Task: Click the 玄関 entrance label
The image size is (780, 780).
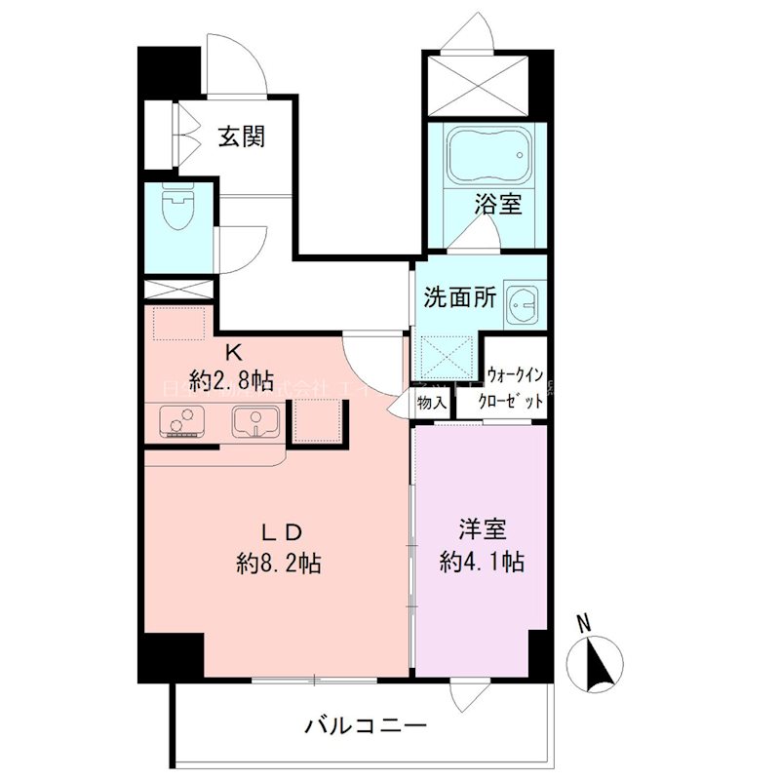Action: [x=241, y=136]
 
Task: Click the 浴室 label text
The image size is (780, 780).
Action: [x=498, y=206]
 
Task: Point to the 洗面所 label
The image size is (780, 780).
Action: [x=459, y=298]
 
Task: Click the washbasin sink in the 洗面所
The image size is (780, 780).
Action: [x=525, y=308]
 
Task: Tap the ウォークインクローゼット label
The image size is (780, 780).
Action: [x=515, y=385]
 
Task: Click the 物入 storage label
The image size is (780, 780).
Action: [x=431, y=402]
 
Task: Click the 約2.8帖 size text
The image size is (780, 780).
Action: [x=232, y=379]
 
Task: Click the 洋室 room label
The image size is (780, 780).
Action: [x=483, y=531]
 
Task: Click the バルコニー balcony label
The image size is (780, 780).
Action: [x=365, y=725]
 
